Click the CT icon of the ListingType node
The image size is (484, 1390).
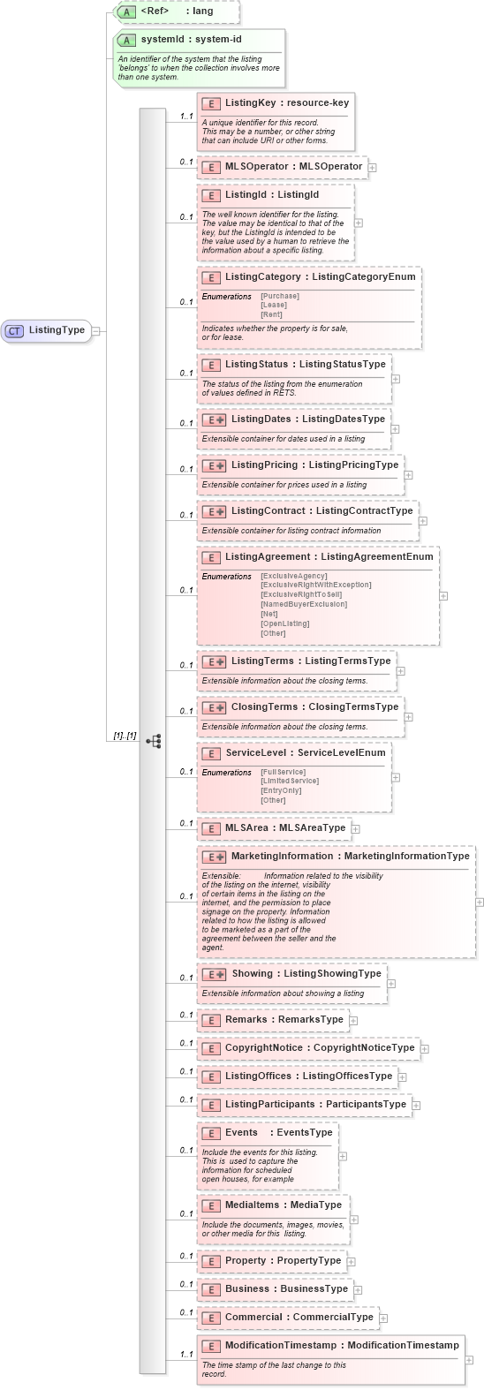pyautogui.click(x=14, y=330)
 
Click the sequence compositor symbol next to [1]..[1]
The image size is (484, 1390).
pyautogui.click(x=153, y=741)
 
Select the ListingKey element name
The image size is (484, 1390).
pyautogui.click(x=251, y=103)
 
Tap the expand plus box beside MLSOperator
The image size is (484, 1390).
pyautogui.click(x=372, y=167)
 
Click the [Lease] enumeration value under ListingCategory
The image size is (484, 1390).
pyautogui.click(x=273, y=306)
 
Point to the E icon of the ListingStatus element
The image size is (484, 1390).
pyautogui.click(x=210, y=365)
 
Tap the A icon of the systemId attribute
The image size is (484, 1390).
pyautogui.click(x=127, y=40)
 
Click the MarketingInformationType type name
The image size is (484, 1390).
pyautogui.click(x=407, y=856)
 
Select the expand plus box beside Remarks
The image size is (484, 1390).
pyautogui.click(x=353, y=1020)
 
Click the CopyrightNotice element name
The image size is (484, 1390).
pyautogui.click(x=263, y=1048)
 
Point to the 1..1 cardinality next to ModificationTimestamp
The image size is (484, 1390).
pyautogui.click(x=186, y=1354)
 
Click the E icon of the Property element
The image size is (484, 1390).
pyautogui.click(x=210, y=1261)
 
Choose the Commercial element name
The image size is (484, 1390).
pyautogui.click(x=253, y=1318)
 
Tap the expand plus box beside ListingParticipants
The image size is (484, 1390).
pyautogui.click(x=417, y=1105)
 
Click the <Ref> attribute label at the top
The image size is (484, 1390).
pyautogui.click(x=154, y=11)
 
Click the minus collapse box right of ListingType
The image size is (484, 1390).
pyautogui.click(x=96, y=331)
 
